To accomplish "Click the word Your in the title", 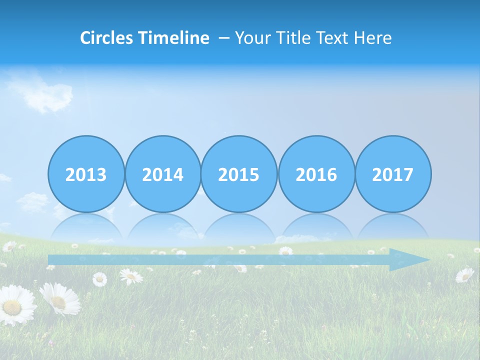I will coord(252,38).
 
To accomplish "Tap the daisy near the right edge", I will coord(464,274).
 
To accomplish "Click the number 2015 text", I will coord(239,175).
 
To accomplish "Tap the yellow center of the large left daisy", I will coord(13,306).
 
